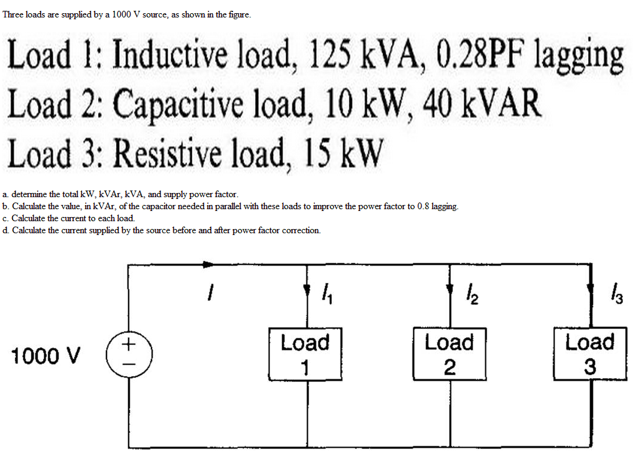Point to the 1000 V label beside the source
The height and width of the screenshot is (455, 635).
pos(45,356)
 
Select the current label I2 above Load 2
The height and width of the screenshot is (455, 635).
pos(471,294)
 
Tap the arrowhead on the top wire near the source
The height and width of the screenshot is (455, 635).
pos(208,264)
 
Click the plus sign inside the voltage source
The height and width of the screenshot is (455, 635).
pos(128,345)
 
